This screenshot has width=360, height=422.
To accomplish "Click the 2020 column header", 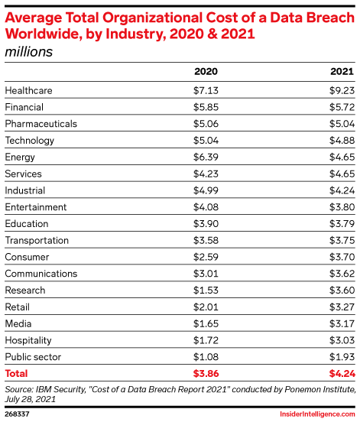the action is point(206,71).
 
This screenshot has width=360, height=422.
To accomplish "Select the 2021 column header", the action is point(342,71).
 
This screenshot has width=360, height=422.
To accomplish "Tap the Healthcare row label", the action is point(28,90).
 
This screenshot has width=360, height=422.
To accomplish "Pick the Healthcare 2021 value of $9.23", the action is point(342,90).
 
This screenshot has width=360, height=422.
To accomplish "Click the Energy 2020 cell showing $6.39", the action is point(206,157).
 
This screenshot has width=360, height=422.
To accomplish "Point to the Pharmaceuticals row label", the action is point(41,124).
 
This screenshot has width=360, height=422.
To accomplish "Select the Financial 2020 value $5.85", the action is point(206,107).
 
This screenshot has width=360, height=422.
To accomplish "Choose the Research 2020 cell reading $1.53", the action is point(206,291).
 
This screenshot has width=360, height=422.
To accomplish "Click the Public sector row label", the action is point(33,357).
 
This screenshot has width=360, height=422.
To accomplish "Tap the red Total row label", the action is point(16,374).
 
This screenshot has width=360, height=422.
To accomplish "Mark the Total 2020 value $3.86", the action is point(206,374).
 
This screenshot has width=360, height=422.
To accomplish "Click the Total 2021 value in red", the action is point(342,374).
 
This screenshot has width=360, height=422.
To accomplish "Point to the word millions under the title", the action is point(29,52).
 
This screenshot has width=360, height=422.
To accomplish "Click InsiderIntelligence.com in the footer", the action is point(317,414).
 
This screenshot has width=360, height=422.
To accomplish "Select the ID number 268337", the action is point(17,414).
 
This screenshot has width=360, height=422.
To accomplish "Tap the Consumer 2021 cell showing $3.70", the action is point(342,257).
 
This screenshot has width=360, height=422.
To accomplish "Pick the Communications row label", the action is point(41,274).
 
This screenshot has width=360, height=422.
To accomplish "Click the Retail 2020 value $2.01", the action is point(206,307).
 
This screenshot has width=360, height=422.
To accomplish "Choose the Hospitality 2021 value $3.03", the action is point(342,340).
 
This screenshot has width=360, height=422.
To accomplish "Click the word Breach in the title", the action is point(330,18).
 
